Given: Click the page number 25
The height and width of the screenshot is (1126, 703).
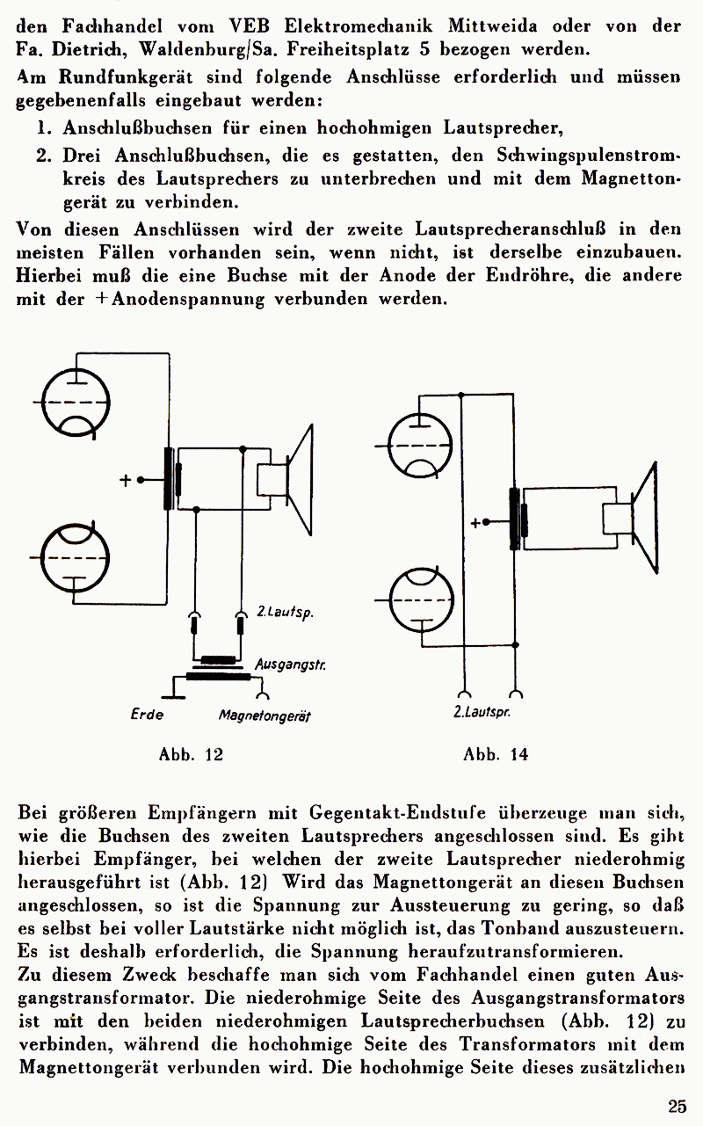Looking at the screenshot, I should [677, 1106].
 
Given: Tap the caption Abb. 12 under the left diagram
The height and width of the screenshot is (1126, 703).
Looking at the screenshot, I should [191, 754].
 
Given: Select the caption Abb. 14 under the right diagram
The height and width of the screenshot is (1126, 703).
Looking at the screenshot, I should [496, 754].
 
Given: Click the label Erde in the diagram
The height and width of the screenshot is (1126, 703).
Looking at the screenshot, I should [147, 714].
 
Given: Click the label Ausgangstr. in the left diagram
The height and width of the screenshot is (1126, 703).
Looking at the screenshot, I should [291, 665].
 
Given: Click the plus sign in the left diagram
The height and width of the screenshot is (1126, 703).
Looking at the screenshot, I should [126, 480].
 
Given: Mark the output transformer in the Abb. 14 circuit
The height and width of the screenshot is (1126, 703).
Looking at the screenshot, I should [518, 519].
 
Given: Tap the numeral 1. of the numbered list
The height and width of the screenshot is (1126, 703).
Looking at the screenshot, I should [43, 128].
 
